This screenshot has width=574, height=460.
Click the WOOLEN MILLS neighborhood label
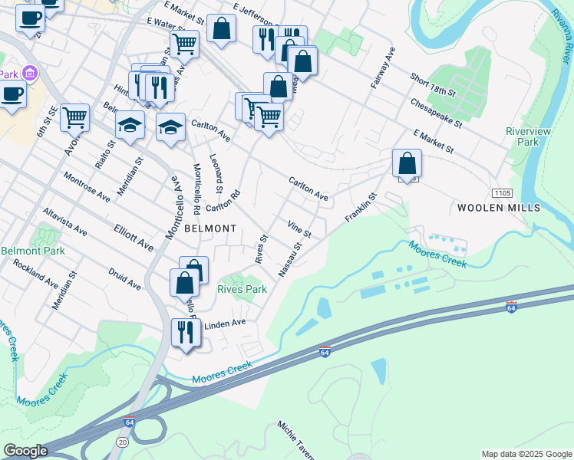(499, 208)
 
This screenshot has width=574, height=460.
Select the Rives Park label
(242, 290)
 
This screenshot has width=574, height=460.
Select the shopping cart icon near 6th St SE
(75, 117)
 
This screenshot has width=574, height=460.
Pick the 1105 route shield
(502, 193)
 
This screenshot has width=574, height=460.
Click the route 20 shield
(123, 442)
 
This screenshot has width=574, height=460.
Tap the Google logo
(25, 451)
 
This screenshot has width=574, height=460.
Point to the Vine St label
(299, 228)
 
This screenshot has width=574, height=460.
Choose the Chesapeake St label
(436, 112)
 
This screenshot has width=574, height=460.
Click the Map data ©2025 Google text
(526, 454)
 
